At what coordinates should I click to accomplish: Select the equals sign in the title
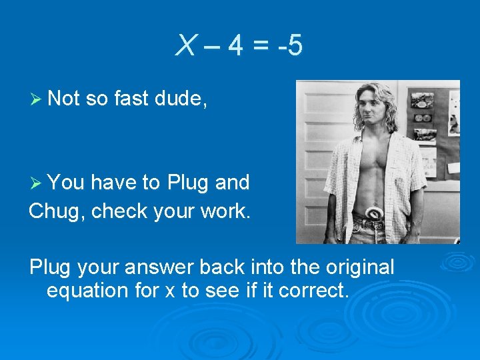[262, 46]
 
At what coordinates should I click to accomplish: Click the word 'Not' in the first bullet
[64, 99]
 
